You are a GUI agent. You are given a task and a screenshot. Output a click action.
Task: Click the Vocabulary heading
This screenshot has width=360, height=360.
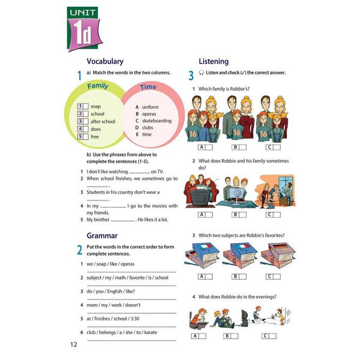(105, 61)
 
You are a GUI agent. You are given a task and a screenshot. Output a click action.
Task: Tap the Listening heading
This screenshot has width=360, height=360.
(213, 61)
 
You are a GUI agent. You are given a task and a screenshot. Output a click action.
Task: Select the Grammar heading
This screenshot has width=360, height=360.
(102, 236)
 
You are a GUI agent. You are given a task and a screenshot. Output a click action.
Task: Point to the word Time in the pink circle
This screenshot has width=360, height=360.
(148, 87)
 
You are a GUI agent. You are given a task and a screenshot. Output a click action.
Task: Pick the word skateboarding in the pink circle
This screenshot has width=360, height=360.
(157, 121)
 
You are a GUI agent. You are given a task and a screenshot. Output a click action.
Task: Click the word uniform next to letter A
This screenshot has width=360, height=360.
(151, 107)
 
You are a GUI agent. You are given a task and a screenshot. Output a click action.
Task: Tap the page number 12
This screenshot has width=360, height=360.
(74, 344)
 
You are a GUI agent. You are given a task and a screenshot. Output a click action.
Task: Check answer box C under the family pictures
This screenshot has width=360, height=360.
(273, 147)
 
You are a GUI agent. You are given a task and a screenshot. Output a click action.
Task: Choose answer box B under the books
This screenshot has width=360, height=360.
(239, 277)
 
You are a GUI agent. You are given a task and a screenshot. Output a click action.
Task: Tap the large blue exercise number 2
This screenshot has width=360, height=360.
(79, 250)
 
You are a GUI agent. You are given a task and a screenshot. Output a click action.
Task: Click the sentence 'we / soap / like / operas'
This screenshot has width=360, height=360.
(110, 264)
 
